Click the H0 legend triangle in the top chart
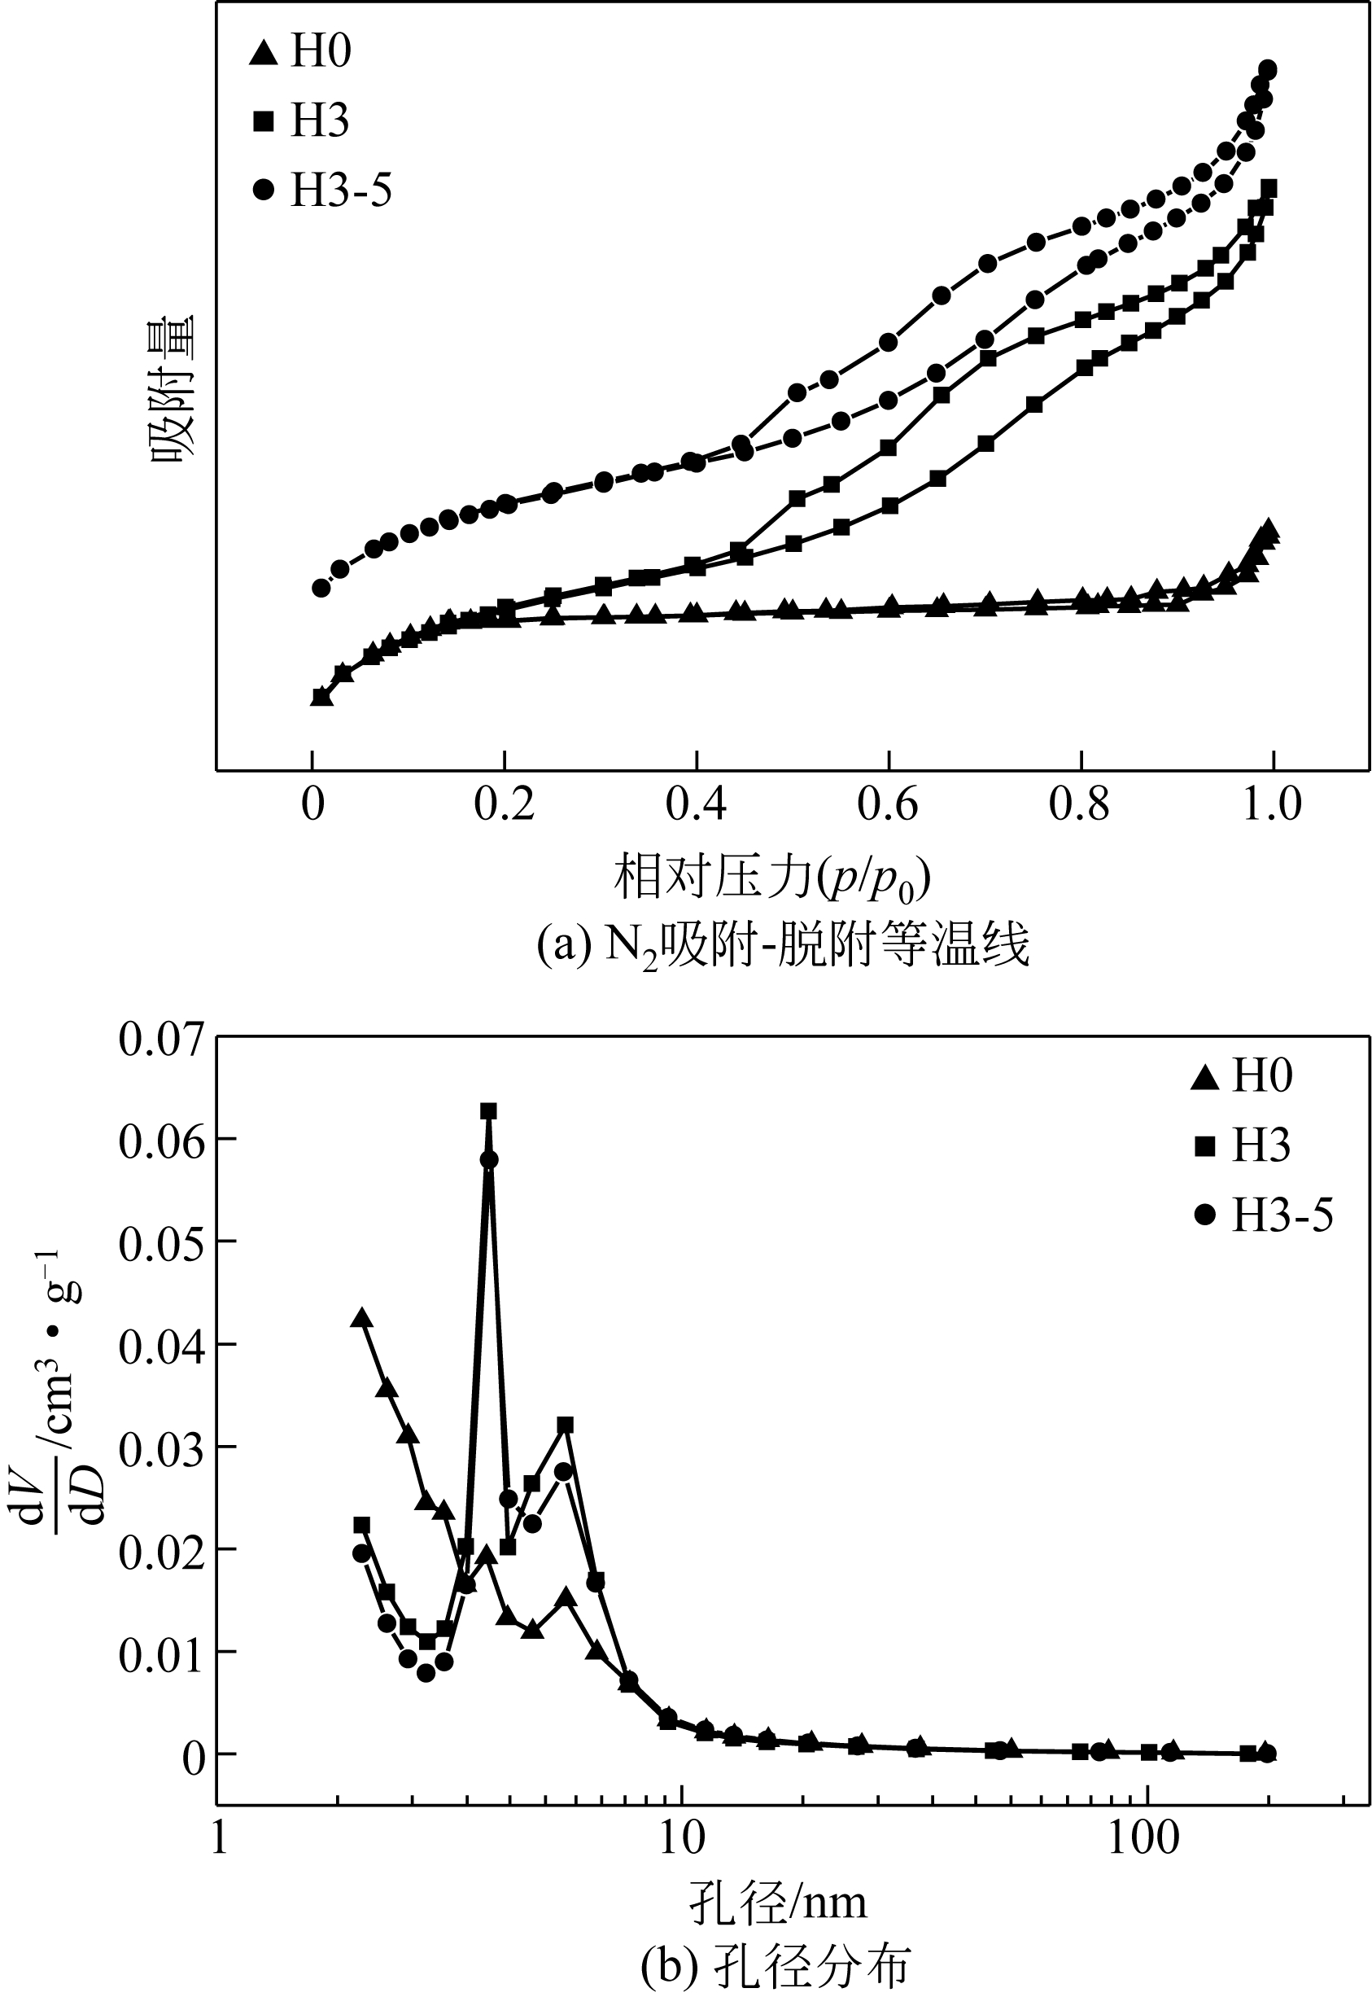[263, 52]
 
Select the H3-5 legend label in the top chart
[340, 190]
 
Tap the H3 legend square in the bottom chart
[1205, 1145]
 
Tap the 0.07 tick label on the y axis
[163, 1039]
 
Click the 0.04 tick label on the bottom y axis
[163, 1346]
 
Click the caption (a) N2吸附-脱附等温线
[782, 946]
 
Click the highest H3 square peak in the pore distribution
[488, 1111]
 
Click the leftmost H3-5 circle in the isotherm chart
[321, 588]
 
